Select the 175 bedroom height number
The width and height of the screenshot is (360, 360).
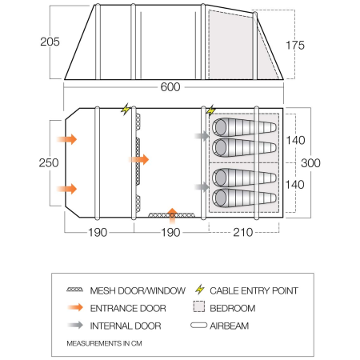coord(318,45)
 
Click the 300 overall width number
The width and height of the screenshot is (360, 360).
coord(311,162)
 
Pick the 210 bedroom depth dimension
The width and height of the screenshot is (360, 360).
coord(245,234)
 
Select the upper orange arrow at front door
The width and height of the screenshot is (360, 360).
coord(69,138)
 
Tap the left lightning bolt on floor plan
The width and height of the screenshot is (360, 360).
coord(125,110)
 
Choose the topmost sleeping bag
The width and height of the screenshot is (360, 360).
coord(244,126)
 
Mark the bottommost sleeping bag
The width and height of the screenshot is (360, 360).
coord(244,197)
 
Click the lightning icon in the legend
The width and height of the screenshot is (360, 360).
coord(199,290)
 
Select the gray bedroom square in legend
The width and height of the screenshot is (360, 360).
coord(199,307)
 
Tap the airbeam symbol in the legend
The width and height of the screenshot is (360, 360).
coord(199,326)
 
